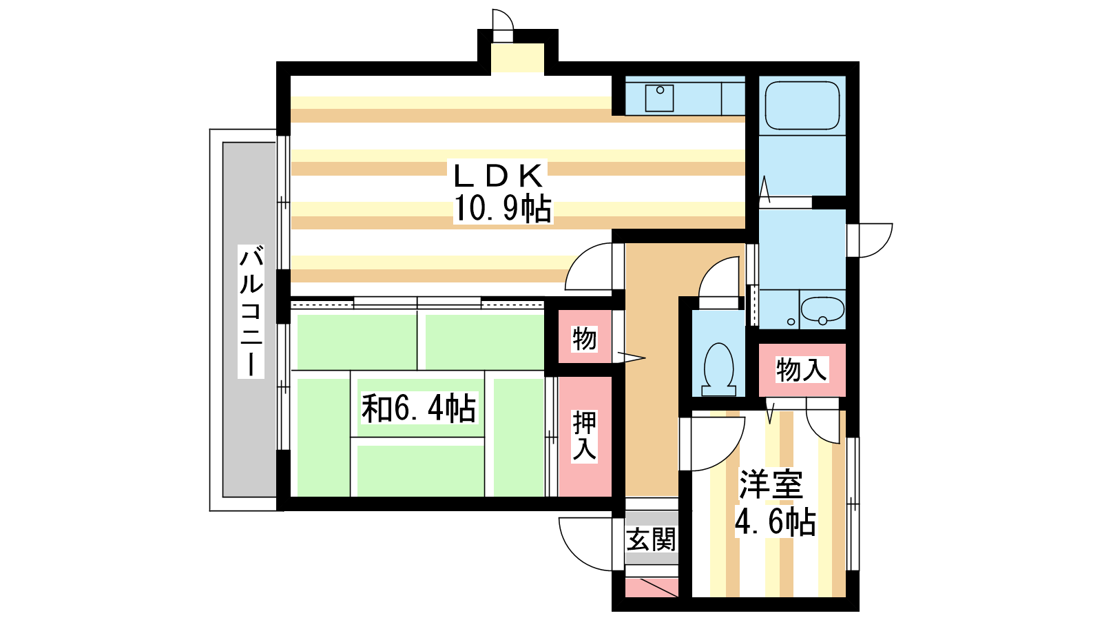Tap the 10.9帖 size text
502,209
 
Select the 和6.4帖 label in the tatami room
419,408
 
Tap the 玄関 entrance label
651,539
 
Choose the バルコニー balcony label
251,311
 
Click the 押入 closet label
585,436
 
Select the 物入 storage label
802,370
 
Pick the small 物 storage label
585,338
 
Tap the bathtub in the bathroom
802,105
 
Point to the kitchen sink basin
659,98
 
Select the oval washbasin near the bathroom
822,309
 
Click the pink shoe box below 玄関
652,588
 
